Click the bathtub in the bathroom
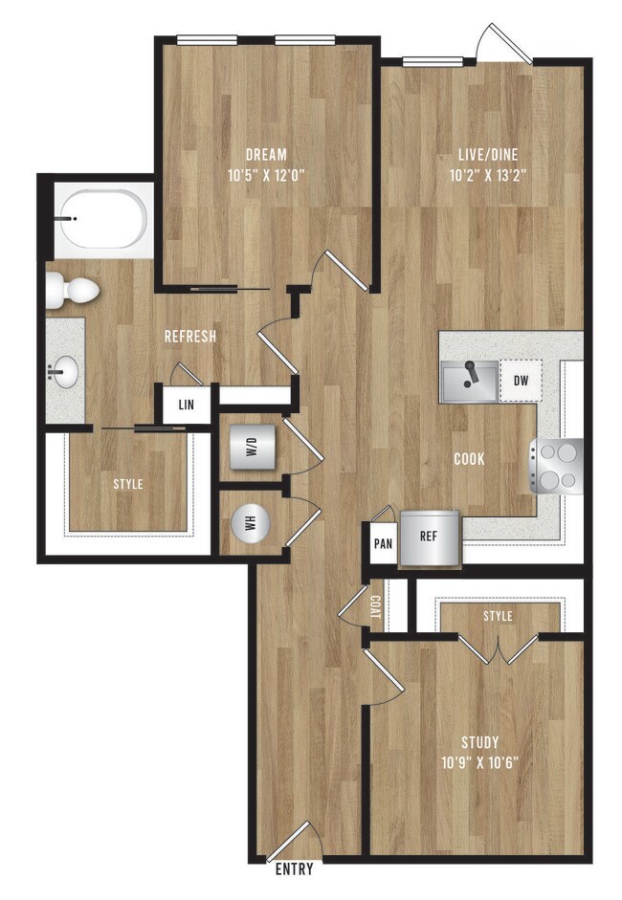coord(102,219)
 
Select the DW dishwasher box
coord(521,380)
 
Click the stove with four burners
coord(558,466)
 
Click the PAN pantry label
coord(383,543)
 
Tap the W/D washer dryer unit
coord(252,447)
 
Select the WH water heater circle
coord(252,522)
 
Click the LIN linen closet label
coord(186,405)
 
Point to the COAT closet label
coord(374,605)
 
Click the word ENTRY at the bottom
coord(293,870)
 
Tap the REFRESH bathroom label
coord(189,337)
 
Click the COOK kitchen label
coord(469,459)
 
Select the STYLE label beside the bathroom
coord(127,484)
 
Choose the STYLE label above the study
coord(498,617)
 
